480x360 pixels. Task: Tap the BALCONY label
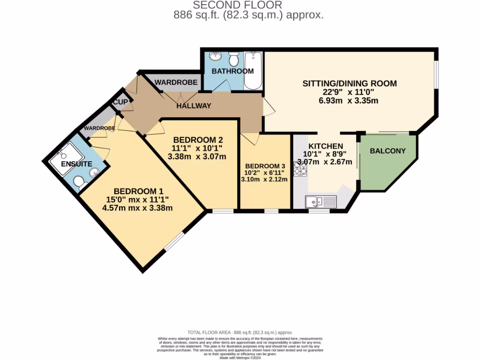point(387,151)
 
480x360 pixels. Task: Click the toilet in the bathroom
point(233,59)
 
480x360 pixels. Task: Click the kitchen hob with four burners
point(300,169)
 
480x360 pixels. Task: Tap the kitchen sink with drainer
point(321,202)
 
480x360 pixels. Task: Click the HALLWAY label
point(194,106)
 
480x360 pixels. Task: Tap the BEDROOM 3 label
point(265,166)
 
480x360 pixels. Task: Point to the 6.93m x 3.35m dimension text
point(349,100)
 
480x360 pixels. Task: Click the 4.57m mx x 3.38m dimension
point(138,208)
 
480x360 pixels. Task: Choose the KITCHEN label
point(325,146)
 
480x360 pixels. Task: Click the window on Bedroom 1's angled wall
point(175,240)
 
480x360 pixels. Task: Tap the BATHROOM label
point(232,71)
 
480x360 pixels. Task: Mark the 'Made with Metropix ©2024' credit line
point(240,358)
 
